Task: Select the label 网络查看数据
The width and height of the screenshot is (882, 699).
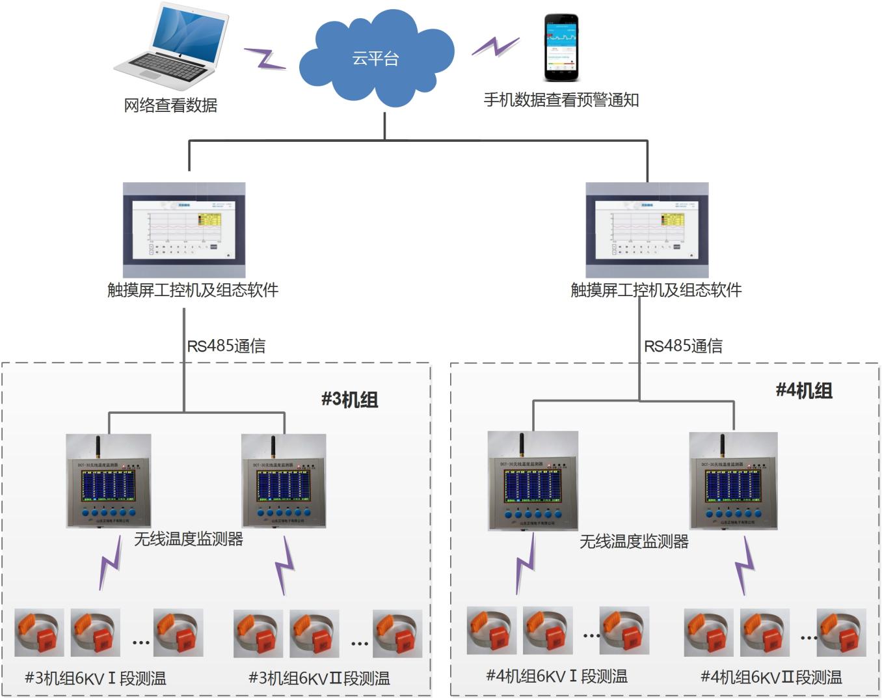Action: tap(170, 105)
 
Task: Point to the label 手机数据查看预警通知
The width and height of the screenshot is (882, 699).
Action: tap(561, 100)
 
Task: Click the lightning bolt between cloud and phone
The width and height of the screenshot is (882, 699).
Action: tap(496, 46)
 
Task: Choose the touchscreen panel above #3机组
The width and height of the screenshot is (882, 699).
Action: tap(184, 230)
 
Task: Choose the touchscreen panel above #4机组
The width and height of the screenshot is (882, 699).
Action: tap(647, 230)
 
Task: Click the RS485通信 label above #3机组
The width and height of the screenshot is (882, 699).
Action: tap(226, 346)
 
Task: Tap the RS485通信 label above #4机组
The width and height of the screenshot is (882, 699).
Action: tap(683, 346)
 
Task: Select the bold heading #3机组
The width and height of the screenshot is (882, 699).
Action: tap(350, 399)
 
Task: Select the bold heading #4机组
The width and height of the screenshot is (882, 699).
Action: tap(804, 391)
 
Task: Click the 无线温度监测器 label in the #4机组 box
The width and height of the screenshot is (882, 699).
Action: tap(634, 541)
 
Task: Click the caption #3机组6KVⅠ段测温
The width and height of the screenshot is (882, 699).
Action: tap(95, 678)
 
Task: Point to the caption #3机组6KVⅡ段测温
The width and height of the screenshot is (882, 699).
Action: tap(319, 678)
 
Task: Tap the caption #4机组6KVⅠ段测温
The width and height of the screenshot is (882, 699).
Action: tap(557, 676)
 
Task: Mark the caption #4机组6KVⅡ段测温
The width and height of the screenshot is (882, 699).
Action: tap(771, 677)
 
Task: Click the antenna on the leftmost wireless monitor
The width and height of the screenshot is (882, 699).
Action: tap(98, 448)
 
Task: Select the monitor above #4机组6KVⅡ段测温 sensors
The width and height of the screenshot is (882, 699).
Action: tap(733, 482)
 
